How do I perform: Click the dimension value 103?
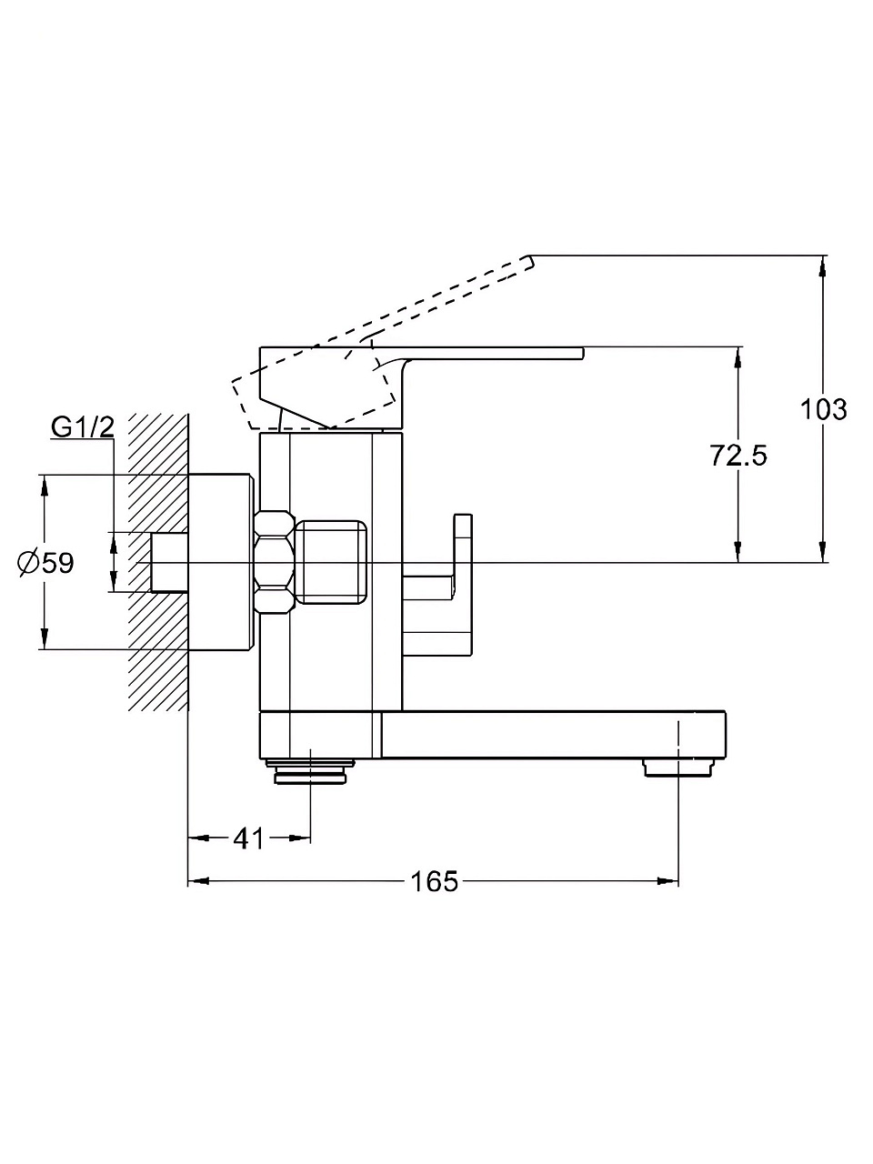823,409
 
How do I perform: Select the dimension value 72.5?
738,455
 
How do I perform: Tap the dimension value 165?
434,881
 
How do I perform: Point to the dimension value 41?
248,838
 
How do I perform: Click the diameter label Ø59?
45,563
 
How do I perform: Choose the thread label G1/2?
83,426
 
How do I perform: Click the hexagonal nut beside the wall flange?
276,562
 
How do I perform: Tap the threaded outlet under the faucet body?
310,771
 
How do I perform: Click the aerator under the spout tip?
678,768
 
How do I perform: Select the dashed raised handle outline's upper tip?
526,261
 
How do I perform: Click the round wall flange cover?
220,562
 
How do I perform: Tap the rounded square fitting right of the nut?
333,562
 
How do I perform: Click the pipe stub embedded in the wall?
168,563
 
